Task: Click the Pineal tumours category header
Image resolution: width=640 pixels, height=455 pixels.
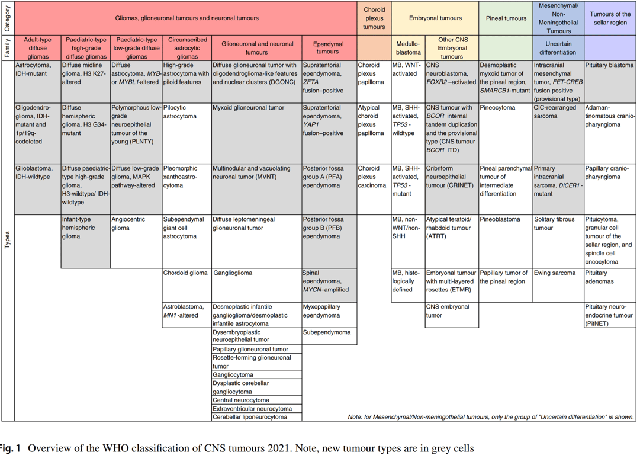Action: [506, 18]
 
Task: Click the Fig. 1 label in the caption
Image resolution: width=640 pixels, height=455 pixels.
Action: [9, 448]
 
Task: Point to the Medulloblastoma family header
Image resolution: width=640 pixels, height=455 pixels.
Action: [408, 47]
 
